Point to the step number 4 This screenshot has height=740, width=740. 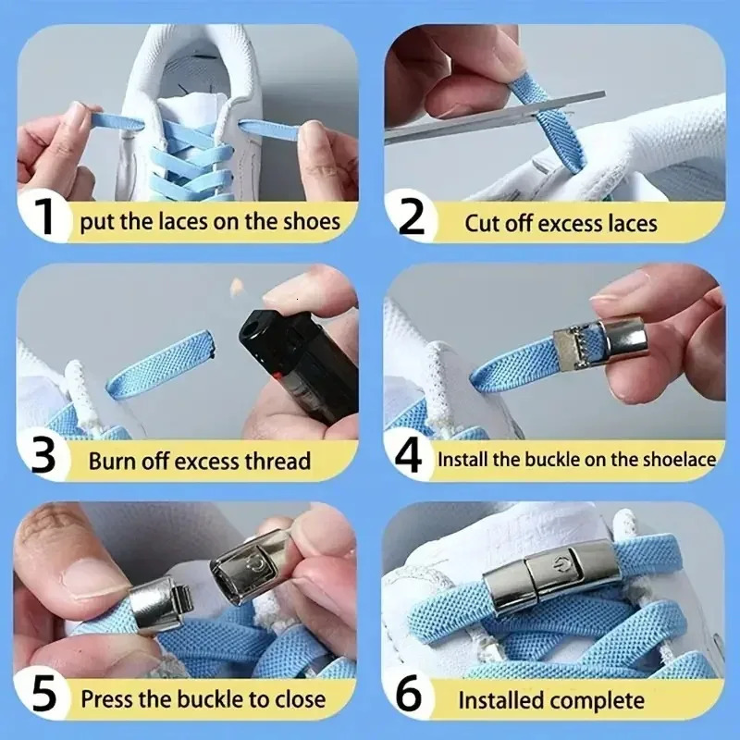(x=409, y=456)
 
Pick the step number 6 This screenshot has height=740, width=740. (x=409, y=695)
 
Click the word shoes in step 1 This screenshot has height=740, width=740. (x=312, y=222)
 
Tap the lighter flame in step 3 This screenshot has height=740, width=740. (x=237, y=287)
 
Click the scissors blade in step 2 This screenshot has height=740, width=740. (x=495, y=117)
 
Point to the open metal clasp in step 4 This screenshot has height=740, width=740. (x=599, y=343)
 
